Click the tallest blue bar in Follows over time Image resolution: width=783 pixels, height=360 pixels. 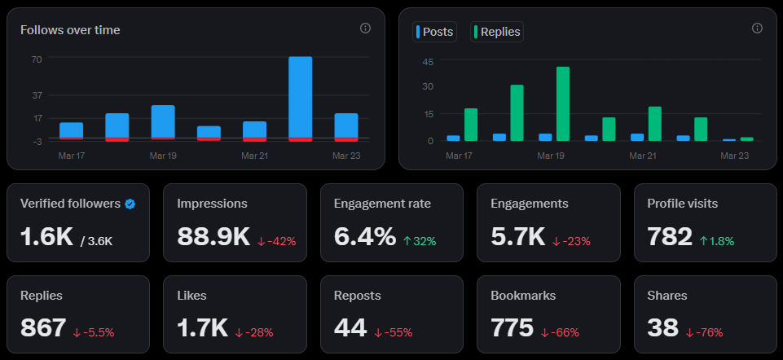(x=301, y=98)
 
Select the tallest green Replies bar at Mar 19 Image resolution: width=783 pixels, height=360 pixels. (x=562, y=103)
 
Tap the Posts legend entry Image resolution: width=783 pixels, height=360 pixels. (x=435, y=32)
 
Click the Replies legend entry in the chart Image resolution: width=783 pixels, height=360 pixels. (x=496, y=32)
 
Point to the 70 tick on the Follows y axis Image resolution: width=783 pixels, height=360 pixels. (x=37, y=59)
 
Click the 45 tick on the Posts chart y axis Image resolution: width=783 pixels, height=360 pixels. (x=428, y=62)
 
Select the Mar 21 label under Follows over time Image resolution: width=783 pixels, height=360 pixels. (x=254, y=155)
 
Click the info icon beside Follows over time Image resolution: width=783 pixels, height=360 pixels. (x=365, y=29)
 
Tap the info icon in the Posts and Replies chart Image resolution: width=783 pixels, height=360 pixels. (x=757, y=29)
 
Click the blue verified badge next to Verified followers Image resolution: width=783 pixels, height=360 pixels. (x=130, y=204)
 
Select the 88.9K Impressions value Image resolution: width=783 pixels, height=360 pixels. (x=213, y=236)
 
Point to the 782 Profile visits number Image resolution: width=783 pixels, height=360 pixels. (x=670, y=236)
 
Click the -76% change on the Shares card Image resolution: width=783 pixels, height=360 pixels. (x=705, y=332)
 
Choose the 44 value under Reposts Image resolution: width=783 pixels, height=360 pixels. (x=350, y=327)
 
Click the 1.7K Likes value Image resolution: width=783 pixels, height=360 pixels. (x=202, y=327)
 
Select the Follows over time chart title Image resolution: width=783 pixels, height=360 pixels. (x=70, y=30)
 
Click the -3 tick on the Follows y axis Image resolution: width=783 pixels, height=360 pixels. (x=37, y=141)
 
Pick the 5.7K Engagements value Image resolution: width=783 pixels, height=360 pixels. (x=517, y=236)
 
